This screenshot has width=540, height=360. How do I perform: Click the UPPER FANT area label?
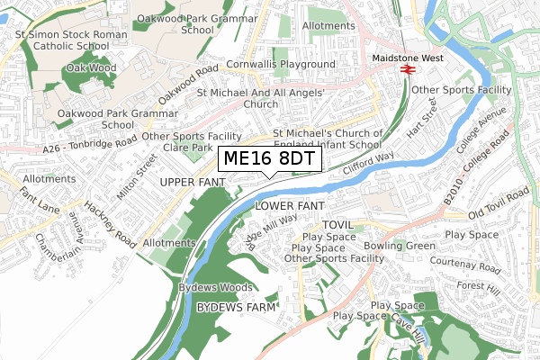[190, 183]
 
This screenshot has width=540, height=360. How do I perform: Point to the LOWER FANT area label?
[289, 206]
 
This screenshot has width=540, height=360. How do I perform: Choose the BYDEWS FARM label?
[235, 307]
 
